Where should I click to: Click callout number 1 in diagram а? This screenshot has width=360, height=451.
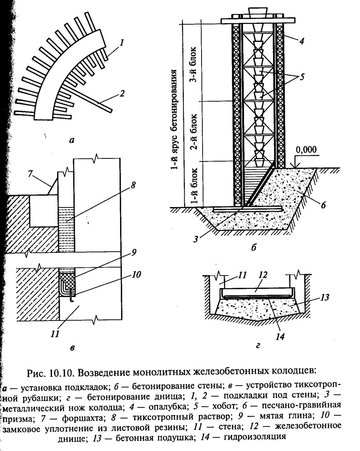[121, 43]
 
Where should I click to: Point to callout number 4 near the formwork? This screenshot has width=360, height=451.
[301, 41]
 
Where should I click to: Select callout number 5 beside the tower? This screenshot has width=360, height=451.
[302, 78]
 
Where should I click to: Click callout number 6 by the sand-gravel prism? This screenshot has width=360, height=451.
[323, 205]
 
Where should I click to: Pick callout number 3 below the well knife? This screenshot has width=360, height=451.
[196, 238]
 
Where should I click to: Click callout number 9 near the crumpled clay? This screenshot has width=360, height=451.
[134, 253]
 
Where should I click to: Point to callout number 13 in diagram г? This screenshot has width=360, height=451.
[324, 297]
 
